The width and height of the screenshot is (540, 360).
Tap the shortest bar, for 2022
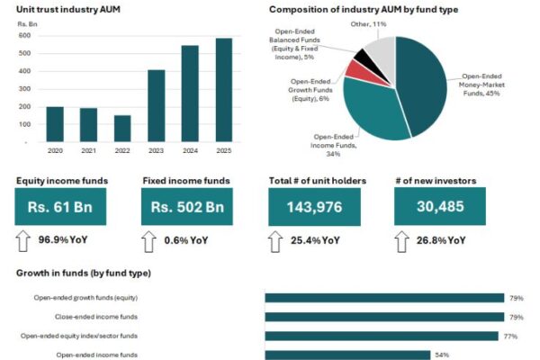pyautogui.click(x=121, y=128)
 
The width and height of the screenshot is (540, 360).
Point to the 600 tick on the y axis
pyautogui.click(x=24, y=36)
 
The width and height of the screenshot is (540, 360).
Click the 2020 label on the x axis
pyautogui.click(x=55, y=151)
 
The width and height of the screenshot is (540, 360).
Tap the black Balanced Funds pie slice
pyautogui.click(x=364, y=58)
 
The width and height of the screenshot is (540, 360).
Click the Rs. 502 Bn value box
pyautogui.click(x=187, y=206)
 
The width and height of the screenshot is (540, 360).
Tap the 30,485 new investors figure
pyautogui.click(x=440, y=206)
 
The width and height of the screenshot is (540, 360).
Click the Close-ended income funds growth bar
pyautogui.click(x=384, y=317)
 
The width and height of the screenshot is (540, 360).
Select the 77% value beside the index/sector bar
pyautogui.click(x=509, y=337)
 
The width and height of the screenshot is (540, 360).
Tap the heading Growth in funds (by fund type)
pyautogui.click(x=84, y=273)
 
